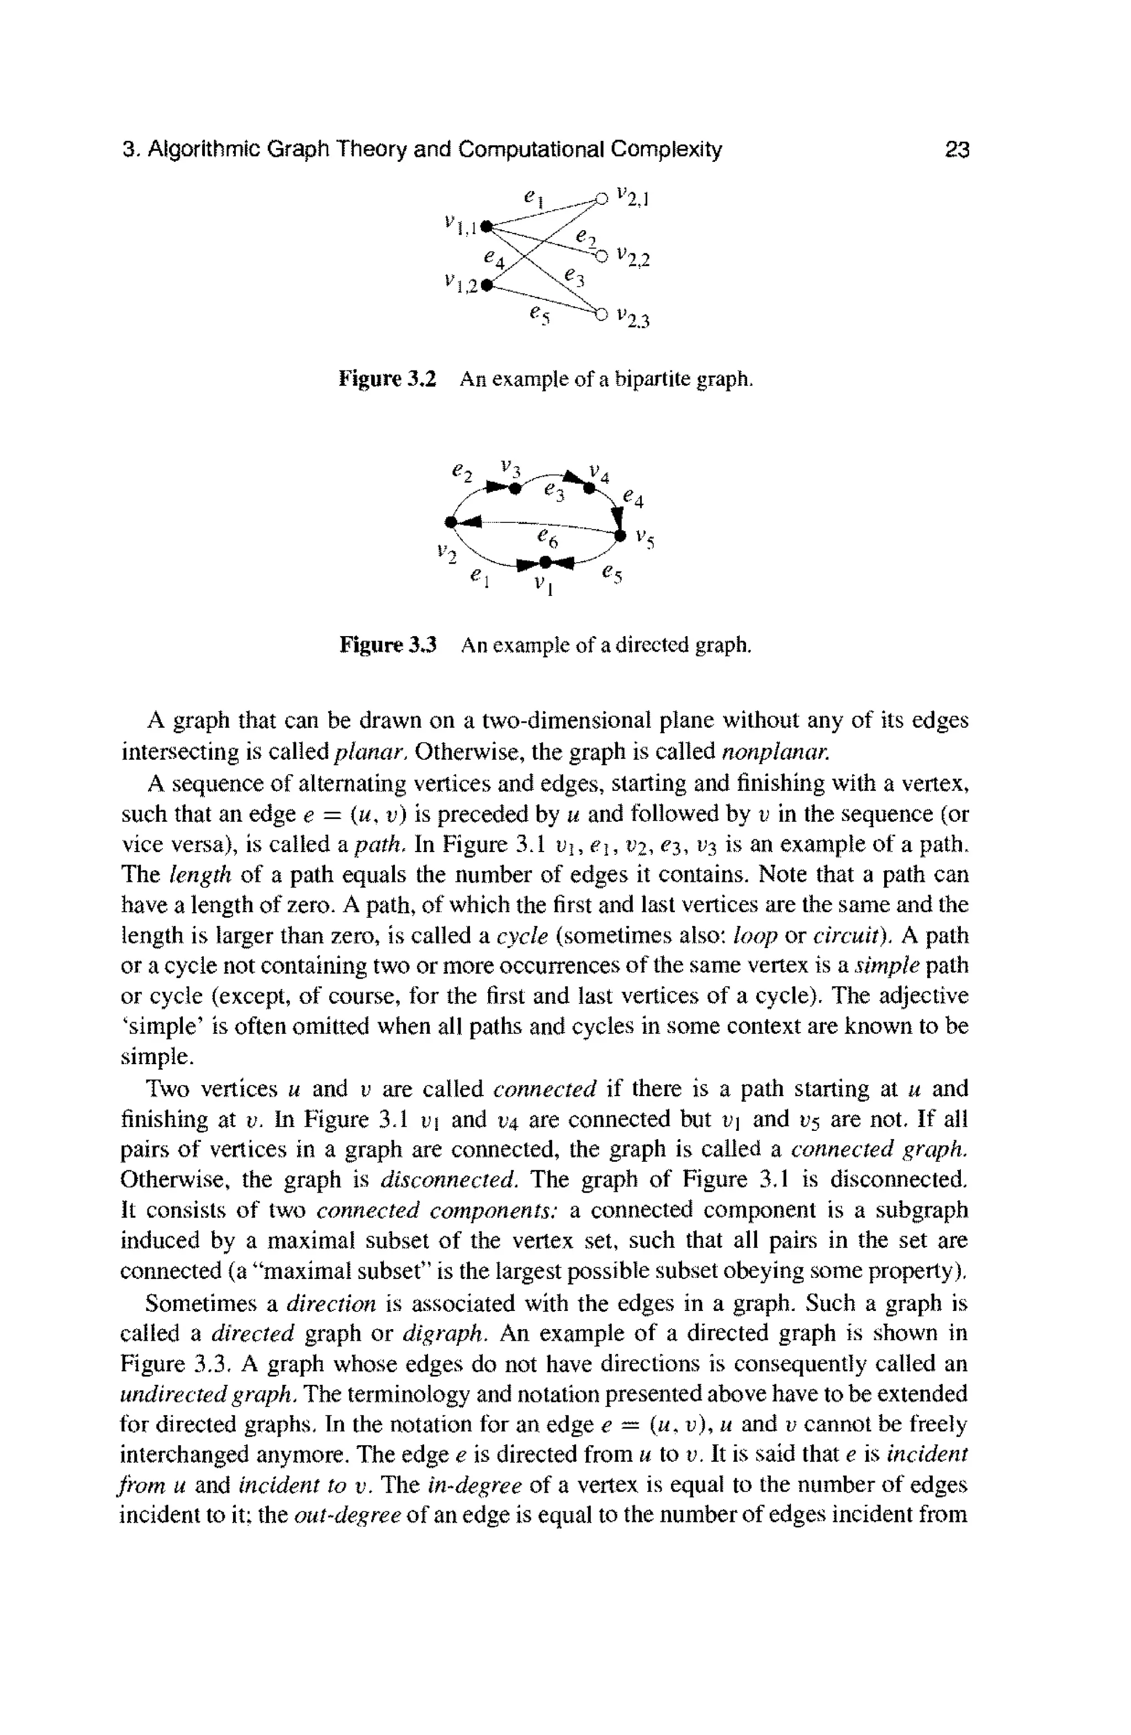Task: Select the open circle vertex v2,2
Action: [x=600, y=256]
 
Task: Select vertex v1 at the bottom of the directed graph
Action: [x=545, y=562]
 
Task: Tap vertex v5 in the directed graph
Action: [x=621, y=537]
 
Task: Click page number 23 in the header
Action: [x=956, y=150]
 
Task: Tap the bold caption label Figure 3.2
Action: [x=387, y=379]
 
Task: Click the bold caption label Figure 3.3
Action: [x=387, y=645]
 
